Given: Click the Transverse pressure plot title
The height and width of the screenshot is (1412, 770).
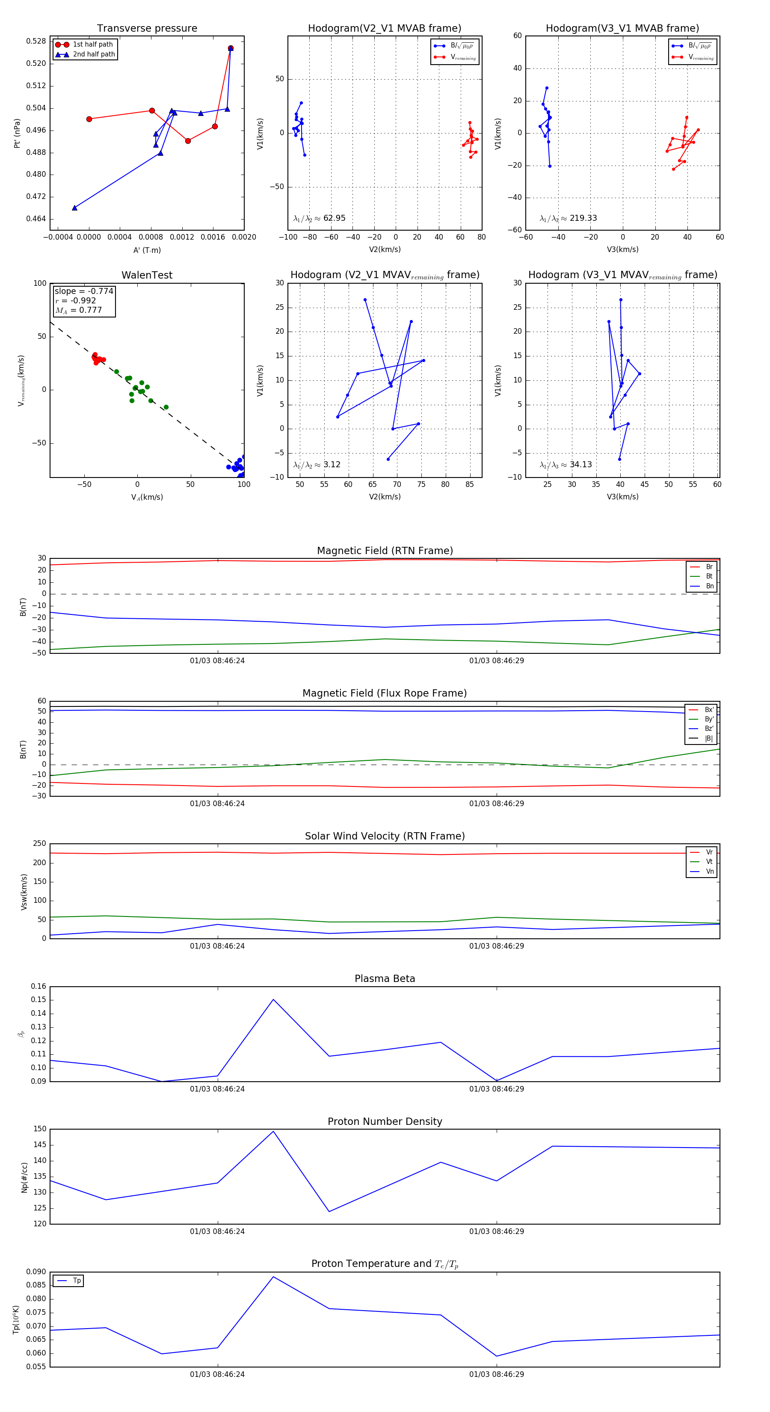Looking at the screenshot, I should click(x=147, y=29).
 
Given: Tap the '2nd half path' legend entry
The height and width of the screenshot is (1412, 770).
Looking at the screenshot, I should click(x=94, y=54).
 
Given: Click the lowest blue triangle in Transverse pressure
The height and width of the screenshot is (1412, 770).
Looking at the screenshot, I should click(x=74, y=208).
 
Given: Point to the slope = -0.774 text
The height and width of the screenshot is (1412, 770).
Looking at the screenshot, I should click(x=84, y=291).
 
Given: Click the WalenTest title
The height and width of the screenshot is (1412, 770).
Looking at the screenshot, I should click(x=147, y=275).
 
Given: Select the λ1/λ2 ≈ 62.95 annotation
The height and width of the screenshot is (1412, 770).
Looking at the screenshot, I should click(x=320, y=218).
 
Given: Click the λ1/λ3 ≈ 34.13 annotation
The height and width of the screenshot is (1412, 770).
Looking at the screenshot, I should click(x=566, y=465).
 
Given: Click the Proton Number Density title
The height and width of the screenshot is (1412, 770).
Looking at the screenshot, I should click(x=385, y=1121).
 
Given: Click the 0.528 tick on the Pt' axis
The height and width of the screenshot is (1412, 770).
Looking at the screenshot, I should click(x=36, y=41).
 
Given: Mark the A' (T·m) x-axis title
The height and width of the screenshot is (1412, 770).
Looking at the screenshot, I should click(x=147, y=250).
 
